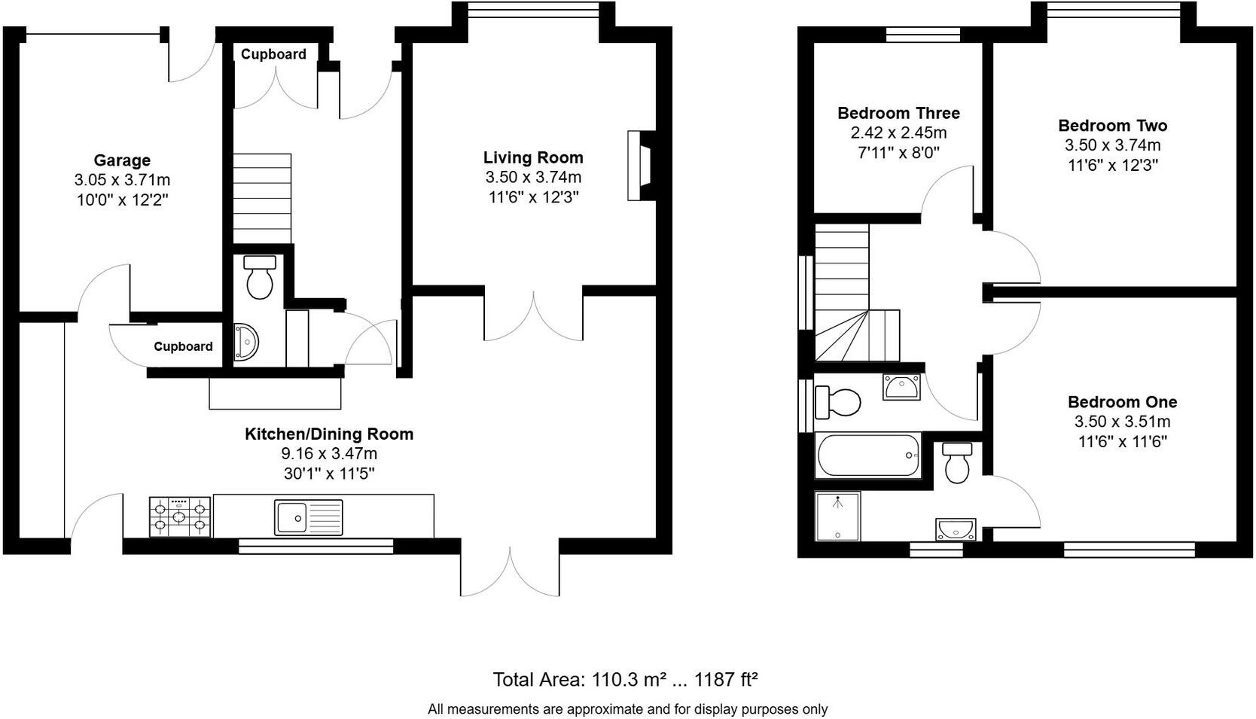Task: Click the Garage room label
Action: (122, 160)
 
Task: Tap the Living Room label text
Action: (533, 157)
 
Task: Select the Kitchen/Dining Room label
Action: (329, 434)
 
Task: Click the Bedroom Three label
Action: (898, 113)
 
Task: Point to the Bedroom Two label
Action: (1112, 126)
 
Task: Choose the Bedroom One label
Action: (1122, 402)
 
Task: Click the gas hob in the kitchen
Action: (179, 516)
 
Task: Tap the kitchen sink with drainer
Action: (309, 516)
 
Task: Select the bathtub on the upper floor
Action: (868, 455)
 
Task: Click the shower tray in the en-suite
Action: (837, 516)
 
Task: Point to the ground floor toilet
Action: (260, 277)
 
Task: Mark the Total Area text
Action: (625, 680)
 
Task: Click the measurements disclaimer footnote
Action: (627, 709)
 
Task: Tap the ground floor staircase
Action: (262, 199)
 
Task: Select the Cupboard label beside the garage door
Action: (183, 346)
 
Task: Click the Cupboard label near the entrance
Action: (273, 54)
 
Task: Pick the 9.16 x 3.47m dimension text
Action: (329, 454)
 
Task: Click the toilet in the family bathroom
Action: (837, 402)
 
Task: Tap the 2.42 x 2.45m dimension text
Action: (898, 133)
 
